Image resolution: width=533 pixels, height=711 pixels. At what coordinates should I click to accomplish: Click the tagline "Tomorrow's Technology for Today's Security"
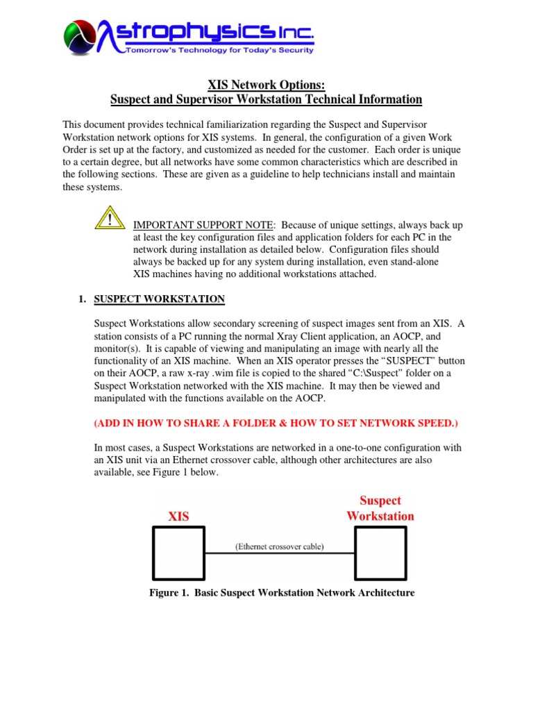(x=219, y=50)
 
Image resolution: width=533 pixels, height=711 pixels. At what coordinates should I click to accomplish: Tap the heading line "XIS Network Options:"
(x=266, y=85)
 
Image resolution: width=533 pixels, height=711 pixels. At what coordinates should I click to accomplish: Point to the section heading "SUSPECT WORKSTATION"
(x=159, y=299)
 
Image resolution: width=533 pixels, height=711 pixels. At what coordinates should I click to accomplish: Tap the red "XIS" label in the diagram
(x=178, y=517)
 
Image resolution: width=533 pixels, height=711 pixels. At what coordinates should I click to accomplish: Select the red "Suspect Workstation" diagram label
(x=380, y=508)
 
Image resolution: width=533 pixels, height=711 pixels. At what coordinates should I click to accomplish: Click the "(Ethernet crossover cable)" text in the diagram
(x=279, y=546)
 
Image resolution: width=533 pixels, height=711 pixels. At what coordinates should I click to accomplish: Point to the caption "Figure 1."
(x=169, y=592)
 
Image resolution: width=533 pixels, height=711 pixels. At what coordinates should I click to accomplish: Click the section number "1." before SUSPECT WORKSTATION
(x=82, y=299)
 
